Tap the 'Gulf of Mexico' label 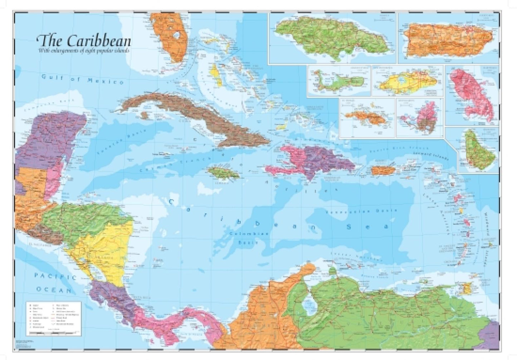[x=82, y=79]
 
